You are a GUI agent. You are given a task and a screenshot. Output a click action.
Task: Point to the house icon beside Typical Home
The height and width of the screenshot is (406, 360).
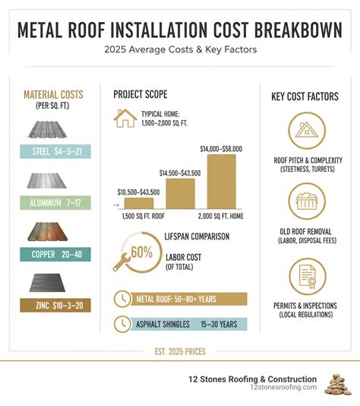pos(125,119)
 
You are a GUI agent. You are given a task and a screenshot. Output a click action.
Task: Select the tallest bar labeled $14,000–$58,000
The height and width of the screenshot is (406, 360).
pos(221,181)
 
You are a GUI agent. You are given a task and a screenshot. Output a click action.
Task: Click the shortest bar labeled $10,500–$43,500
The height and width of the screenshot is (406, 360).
pos(138,202)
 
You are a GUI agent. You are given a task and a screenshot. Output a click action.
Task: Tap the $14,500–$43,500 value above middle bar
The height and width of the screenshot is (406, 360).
pos(180,173)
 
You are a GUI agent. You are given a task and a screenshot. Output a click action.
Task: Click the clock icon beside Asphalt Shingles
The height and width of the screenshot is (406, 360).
pos(121,324)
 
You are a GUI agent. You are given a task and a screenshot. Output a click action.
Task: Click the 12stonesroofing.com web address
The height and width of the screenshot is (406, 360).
pos(283,387)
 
